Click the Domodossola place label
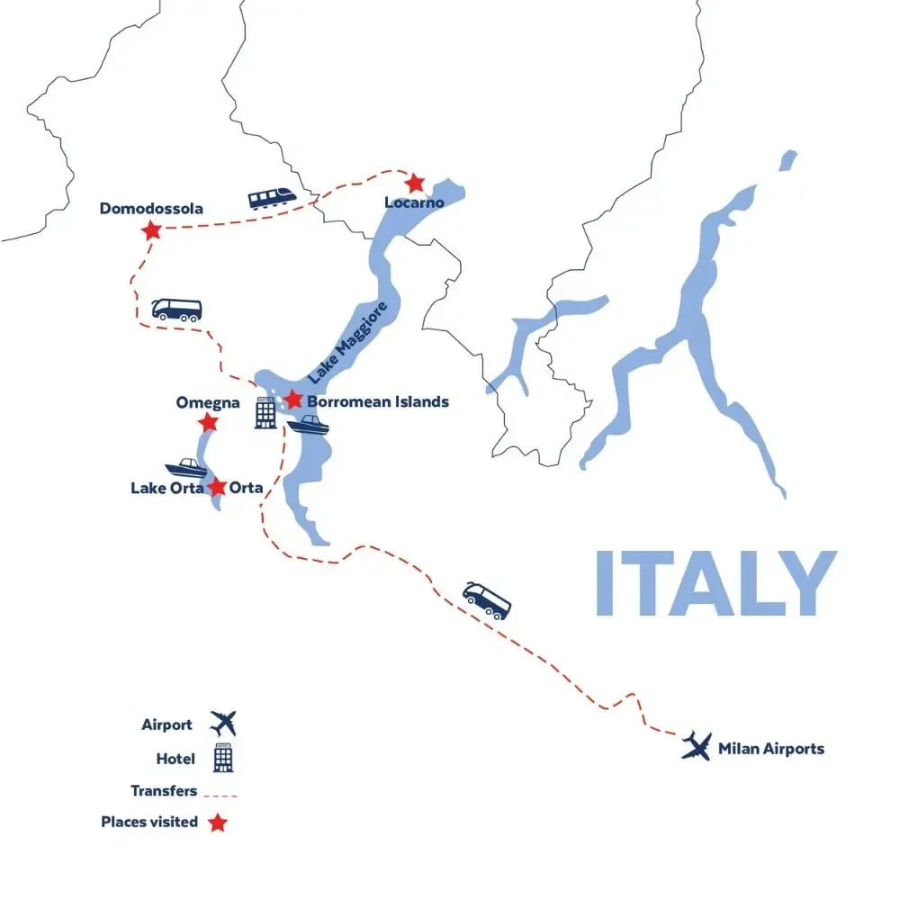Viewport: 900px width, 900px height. [x=151, y=209]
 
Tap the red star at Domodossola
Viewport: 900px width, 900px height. [x=151, y=230]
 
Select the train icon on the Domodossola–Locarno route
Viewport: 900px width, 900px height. [x=274, y=197]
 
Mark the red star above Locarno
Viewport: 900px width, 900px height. [x=414, y=184]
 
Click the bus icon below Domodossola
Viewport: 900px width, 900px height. [x=176, y=310]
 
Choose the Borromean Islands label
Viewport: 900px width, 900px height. [x=377, y=401]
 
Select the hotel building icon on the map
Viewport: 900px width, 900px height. [x=265, y=412]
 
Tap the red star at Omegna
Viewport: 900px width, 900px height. [x=208, y=422]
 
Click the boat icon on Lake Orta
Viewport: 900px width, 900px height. [x=187, y=468]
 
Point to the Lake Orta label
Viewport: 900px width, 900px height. [x=166, y=488]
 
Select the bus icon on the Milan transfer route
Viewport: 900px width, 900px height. [x=487, y=599]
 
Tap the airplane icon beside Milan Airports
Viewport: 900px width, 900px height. [x=697, y=745]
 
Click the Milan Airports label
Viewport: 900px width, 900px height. [x=770, y=748]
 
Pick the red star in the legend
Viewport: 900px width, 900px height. [x=217, y=822]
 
